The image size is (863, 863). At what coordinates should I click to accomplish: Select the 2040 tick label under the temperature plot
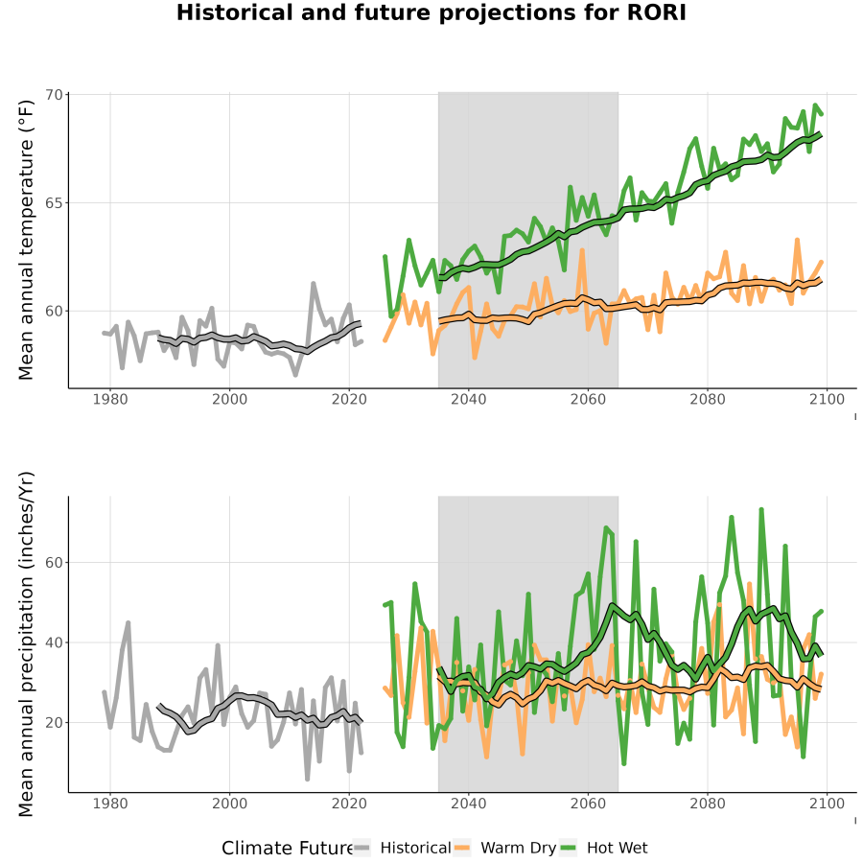468,399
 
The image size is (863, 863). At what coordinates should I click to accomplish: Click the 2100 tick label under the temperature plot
827,399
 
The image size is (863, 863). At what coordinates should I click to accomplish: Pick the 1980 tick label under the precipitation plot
110,804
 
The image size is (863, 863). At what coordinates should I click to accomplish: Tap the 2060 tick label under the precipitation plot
588,804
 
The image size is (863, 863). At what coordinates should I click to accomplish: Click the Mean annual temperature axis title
26,240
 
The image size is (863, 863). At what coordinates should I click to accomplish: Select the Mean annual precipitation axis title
26,644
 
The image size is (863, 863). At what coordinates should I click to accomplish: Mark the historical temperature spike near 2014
313,284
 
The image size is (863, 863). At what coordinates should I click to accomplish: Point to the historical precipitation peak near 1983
128,622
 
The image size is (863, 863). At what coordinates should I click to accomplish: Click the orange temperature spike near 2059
582,250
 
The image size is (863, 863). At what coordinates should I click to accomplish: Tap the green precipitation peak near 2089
761,510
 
